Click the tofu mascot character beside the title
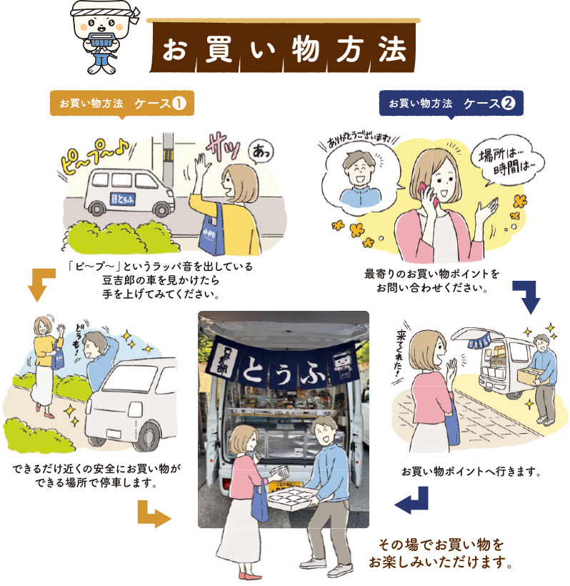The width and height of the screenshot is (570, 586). (x=104, y=37)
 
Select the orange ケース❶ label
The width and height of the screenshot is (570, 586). (x=122, y=103)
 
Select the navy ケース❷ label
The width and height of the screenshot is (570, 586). (x=451, y=103)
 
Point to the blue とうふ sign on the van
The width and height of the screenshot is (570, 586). (x=123, y=199)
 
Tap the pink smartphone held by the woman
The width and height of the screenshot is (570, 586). (x=429, y=193)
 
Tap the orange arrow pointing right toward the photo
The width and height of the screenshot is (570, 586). (x=153, y=515)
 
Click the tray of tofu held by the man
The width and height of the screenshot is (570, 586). (x=288, y=498)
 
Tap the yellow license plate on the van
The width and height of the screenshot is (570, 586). (x=284, y=487)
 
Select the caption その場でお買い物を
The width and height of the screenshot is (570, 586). (x=441, y=545)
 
